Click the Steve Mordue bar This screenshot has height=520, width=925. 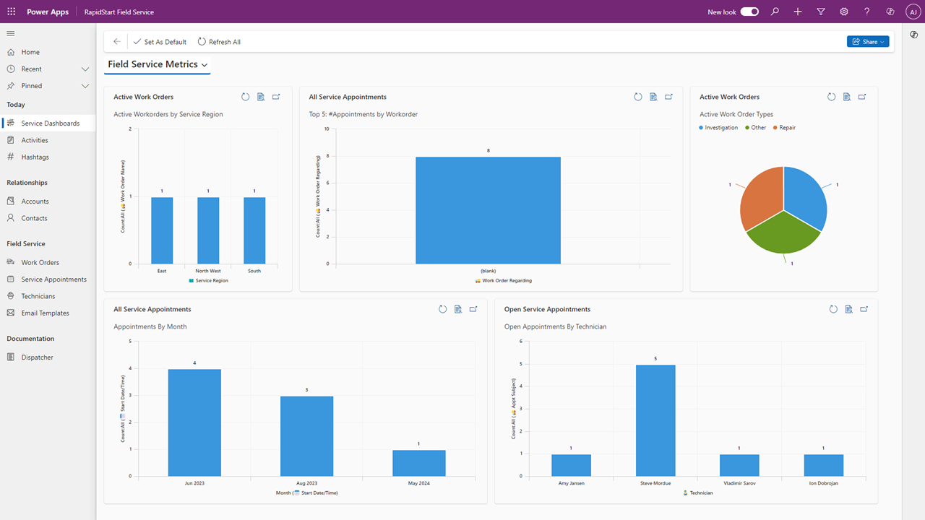coord(655,420)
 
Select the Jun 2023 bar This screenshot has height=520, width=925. coord(194,422)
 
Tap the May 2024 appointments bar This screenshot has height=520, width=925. coord(418,463)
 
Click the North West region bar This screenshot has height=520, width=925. coord(208,230)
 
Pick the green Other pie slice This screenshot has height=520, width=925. coord(783,235)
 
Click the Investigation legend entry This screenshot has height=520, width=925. coord(718,128)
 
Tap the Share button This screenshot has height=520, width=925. coord(868,42)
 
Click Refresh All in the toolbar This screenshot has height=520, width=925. coord(219,42)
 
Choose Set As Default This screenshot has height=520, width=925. coord(160,42)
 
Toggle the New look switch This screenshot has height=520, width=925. coord(749,12)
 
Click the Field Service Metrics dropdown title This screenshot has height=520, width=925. coord(158,64)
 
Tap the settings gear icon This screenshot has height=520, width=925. coord(843,12)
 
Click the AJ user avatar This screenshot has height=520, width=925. coord(913,12)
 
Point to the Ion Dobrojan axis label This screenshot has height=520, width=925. coord(823,483)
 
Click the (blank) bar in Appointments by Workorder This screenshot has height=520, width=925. coord(488,210)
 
